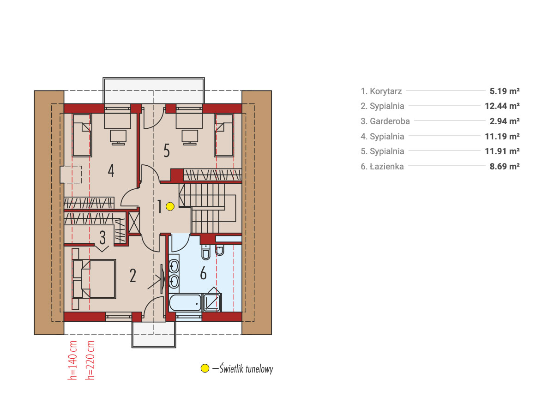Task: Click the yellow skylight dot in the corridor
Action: click(x=170, y=206)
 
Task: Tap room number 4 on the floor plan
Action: click(x=111, y=171)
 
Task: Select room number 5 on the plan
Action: click(x=166, y=150)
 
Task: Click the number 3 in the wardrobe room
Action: click(x=102, y=237)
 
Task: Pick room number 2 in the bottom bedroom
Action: click(x=132, y=276)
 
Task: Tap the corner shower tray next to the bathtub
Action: click(x=212, y=302)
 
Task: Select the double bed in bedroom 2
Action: click(x=94, y=279)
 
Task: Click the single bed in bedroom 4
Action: click(x=82, y=135)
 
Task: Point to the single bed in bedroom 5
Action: click(x=224, y=135)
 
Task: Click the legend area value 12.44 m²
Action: click(x=502, y=106)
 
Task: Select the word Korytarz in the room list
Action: click(x=385, y=91)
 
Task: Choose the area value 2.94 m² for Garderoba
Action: click(x=505, y=121)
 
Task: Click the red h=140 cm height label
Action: click(x=72, y=360)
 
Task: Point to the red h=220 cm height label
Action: click(x=90, y=360)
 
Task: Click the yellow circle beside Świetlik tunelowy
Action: click(x=205, y=368)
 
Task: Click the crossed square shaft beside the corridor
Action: click(x=134, y=223)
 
